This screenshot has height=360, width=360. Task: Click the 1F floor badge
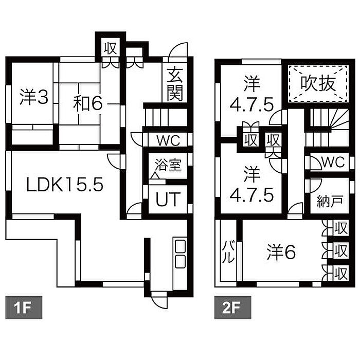24,307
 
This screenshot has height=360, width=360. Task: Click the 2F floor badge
232,307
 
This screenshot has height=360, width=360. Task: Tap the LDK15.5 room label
65,185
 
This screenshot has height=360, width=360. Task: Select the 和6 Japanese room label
88,103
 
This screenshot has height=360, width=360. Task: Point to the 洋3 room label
34,97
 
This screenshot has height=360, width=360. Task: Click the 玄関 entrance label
175,84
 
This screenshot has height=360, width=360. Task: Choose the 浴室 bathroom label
168,165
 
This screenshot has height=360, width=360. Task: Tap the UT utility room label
168,200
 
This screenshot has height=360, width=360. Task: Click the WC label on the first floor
168,140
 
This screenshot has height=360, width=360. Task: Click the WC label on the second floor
333,162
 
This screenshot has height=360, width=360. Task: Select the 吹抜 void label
318,83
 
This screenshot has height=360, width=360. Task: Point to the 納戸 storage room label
330,202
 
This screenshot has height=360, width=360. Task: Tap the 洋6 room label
281,252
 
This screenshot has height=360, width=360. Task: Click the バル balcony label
228,252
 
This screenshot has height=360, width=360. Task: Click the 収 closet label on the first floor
111,48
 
